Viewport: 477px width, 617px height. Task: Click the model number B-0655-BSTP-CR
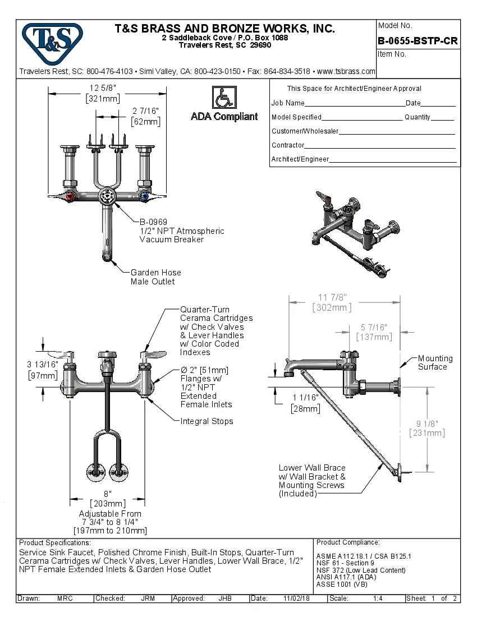[418, 40]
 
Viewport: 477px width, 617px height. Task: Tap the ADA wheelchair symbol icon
[224, 98]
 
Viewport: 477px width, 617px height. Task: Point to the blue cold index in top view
[144, 197]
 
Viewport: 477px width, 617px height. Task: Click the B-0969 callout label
[153, 222]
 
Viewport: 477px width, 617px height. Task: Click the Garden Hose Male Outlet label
[155, 277]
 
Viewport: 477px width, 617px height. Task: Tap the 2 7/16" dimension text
[145, 111]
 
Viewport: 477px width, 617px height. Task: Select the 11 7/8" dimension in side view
[331, 297]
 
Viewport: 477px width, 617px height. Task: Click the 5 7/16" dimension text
[374, 327]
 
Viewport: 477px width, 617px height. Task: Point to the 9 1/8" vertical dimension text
[427, 423]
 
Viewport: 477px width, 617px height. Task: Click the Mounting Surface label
[435, 362]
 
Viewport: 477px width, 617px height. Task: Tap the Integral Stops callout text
[207, 421]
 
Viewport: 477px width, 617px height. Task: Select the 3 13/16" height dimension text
[43, 364]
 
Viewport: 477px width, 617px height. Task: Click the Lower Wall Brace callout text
[312, 468]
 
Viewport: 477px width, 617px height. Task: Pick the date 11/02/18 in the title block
[297, 598]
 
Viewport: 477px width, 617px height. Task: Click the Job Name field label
[288, 103]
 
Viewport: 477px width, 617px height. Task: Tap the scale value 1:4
[378, 598]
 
